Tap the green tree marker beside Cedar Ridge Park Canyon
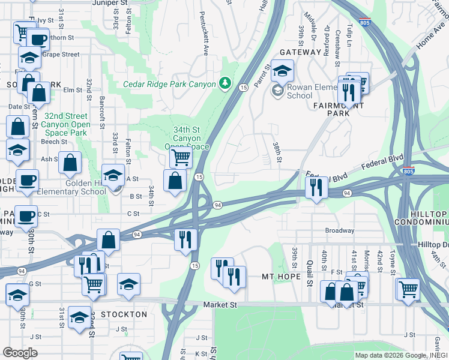[x=226, y=82]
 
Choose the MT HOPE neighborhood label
[x=280, y=277]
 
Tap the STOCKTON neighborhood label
[x=124, y=314]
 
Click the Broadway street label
[x=339, y=230]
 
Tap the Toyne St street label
[x=393, y=260]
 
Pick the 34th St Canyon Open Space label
[x=187, y=138]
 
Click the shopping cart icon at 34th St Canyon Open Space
[x=180, y=158]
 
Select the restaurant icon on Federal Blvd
[x=315, y=188]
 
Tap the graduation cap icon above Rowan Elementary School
[x=282, y=71]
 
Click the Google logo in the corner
[x=20, y=353]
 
